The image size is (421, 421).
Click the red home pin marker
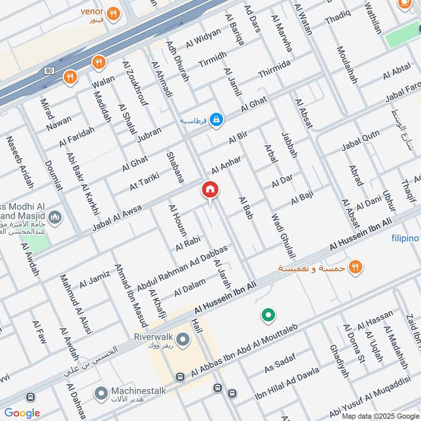coord(210,190)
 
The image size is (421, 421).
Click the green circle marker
coord(268,316)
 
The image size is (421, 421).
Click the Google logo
coord(22,413)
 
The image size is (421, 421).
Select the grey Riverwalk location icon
coord(183,340)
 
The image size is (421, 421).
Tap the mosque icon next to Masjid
coord(55,217)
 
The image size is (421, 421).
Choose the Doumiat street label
coord(54,177)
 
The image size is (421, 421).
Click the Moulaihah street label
coord(347,65)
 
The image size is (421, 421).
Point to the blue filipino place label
coord(405,238)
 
